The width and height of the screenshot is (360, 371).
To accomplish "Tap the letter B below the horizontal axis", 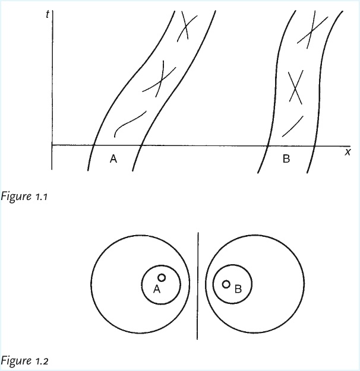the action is pyautogui.click(x=286, y=158).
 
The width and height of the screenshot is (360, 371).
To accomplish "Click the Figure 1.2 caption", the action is pyautogui.click(x=25, y=360).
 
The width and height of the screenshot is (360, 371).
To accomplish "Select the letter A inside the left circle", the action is pyautogui.click(x=157, y=289).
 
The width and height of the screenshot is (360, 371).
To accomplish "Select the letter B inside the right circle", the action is pyautogui.click(x=238, y=289).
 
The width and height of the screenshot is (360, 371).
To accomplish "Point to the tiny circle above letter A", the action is pyautogui.click(x=162, y=278).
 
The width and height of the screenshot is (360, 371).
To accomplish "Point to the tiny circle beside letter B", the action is pyautogui.click(x=226, y=284).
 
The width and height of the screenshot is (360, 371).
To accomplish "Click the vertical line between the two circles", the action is pyautogui.click(x=197, y=285).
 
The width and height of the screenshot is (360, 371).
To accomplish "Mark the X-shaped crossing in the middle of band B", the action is pyautogui.click(x=293, y=87).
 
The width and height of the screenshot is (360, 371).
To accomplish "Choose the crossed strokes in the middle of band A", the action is pyautogui.click(x=159, y=78).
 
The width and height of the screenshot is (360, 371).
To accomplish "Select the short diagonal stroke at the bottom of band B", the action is pyautogui.click(x=292, y=125).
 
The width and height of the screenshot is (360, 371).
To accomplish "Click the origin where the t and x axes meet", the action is pyautogui.click(x=52, y=144).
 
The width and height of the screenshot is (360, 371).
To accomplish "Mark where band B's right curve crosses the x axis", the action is pyautogui.click(x=315, y=144).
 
